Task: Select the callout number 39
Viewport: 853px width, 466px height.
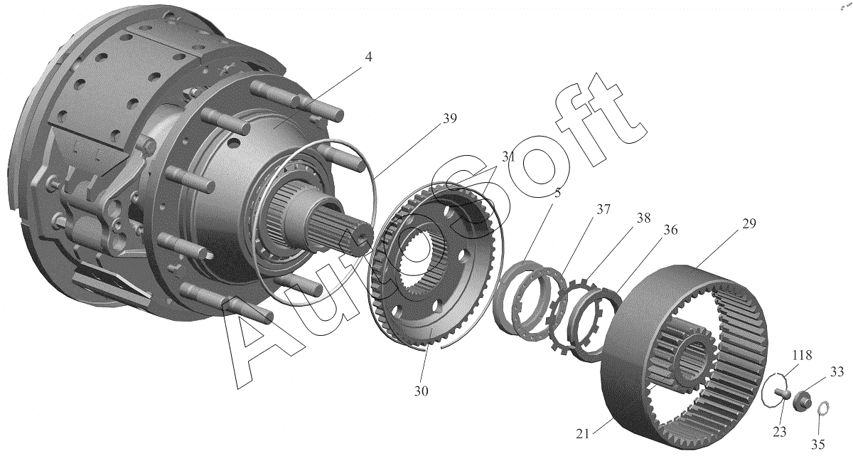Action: (449, 119)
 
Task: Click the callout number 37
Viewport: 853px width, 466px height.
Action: (603, 210)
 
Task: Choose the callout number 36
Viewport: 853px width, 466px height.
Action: (670, 231)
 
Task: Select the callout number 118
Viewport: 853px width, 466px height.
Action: (803, 355)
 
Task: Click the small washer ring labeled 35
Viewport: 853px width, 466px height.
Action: (823, 409)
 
